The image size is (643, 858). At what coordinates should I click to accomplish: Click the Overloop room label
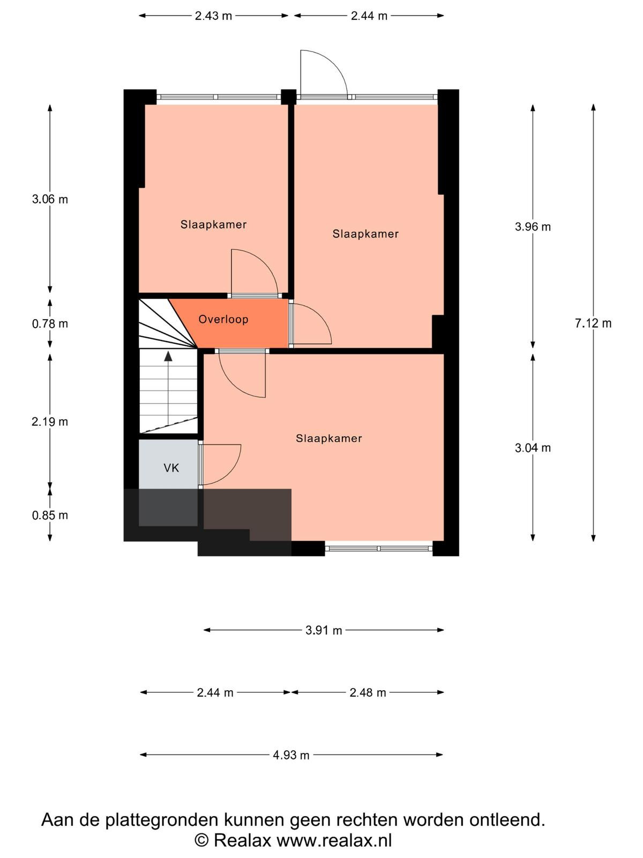coord(223,320)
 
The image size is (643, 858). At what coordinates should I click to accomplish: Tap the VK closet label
coord(171,468)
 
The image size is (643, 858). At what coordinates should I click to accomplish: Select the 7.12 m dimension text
coord(593,323)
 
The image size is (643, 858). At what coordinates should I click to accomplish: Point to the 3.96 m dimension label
coord(533,227)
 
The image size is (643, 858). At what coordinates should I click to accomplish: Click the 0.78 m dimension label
coord(50,324)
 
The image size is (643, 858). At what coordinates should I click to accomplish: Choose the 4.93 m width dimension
coord(291,755)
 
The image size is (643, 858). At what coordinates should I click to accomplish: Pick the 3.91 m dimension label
coord(324,630)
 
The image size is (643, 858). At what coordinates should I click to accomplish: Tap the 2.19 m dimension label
coord(50,422)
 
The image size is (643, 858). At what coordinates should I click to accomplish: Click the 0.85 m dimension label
coord(50,515)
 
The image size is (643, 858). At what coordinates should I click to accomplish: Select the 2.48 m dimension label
coord(368,693)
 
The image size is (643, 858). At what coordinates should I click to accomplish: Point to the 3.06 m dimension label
coord(50,199)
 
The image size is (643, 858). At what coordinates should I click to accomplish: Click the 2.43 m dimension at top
coord(213,16)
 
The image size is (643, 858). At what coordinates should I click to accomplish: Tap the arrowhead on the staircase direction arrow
coord(168,356)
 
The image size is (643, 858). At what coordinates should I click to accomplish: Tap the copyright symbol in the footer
coord(201,840)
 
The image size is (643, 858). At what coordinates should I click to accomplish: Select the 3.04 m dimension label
coord(533,448)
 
